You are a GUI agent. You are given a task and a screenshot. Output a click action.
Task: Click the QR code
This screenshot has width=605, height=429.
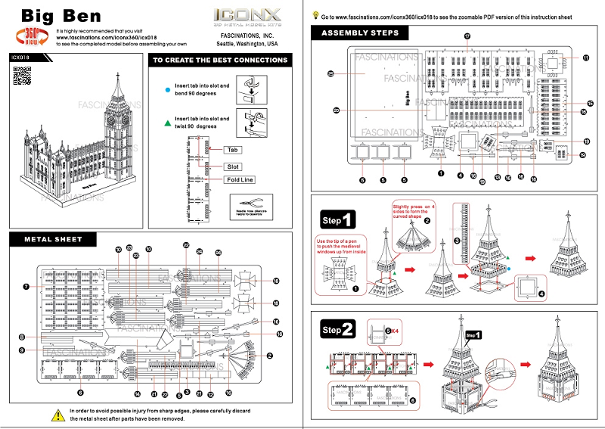click(x=23, y=76)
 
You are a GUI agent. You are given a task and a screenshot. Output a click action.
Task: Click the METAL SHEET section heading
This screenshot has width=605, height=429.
click(x=53, y=240)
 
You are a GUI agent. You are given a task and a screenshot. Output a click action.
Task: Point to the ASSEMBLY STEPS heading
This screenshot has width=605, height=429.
click(x=360, y=33)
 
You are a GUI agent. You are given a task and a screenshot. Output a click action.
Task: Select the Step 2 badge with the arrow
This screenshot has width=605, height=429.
click(x=337, y=330)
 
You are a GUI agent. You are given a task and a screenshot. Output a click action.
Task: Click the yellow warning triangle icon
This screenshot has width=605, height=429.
click(x=57, y=415)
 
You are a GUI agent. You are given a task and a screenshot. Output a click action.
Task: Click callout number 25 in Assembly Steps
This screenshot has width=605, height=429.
click(x=330, y=73)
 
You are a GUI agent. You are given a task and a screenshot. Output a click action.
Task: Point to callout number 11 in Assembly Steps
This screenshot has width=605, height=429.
click(x=585, y=58)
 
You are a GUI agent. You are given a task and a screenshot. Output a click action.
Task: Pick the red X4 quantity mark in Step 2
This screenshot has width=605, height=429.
click(x=393, y=331)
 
